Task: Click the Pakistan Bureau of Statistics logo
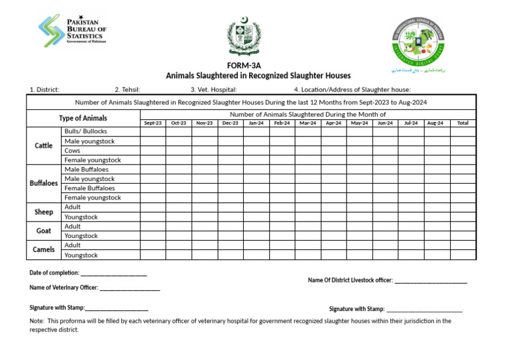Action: point(72,30)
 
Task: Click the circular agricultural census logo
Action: point(417,40)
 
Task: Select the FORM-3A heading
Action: point(244,66)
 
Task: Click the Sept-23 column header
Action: point(152,123)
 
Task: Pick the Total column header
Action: point(463,123)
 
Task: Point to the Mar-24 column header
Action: point(308,123)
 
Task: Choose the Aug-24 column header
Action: point(435,123)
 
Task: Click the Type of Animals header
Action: point(83,119)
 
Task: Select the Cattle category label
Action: point(44,146)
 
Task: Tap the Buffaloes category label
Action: point(44,183)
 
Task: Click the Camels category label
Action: point(44,250)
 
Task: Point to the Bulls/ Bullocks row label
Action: point(85,131)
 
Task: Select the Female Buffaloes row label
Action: point(89,188)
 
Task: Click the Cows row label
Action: point(72,150)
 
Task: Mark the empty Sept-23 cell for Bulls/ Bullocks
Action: point(152,131)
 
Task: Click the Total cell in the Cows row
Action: point(463,150)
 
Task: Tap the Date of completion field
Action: point(113,273)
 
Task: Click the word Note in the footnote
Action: point(36,321)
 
